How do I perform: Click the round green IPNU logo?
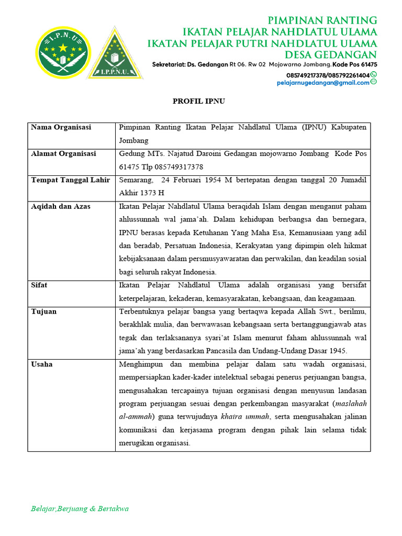[62, 52]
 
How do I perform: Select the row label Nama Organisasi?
[61, 127]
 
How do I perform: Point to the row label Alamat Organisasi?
[63, 154]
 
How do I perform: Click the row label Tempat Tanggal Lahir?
[71, 180]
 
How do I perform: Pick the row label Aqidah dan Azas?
[61, 206]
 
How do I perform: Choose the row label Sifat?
[39, 285]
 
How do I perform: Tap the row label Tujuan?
[44, 311]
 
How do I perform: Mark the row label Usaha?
[42, 364]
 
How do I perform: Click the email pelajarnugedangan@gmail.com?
[323, 83]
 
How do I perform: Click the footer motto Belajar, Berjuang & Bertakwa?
[80, 508]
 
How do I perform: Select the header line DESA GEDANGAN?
[330, 55]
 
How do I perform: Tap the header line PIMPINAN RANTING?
[322, 20]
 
